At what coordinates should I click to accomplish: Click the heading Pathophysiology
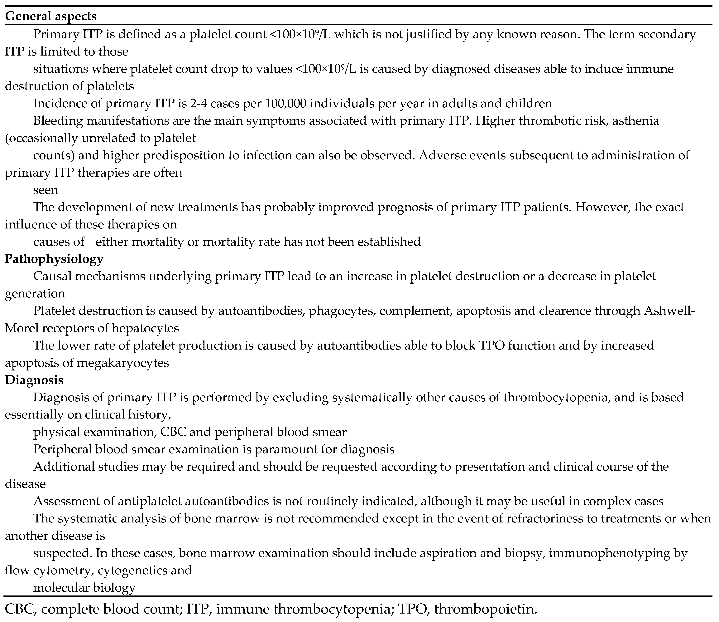pos(54,259)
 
